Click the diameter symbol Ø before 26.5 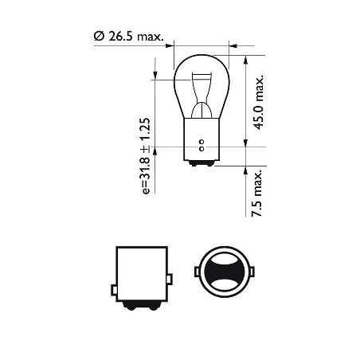click(98, 37)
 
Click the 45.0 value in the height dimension click(256, 115)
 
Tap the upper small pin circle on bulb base click(202, 143)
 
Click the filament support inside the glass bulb click(202, 92)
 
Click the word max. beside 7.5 click(256, 180)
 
